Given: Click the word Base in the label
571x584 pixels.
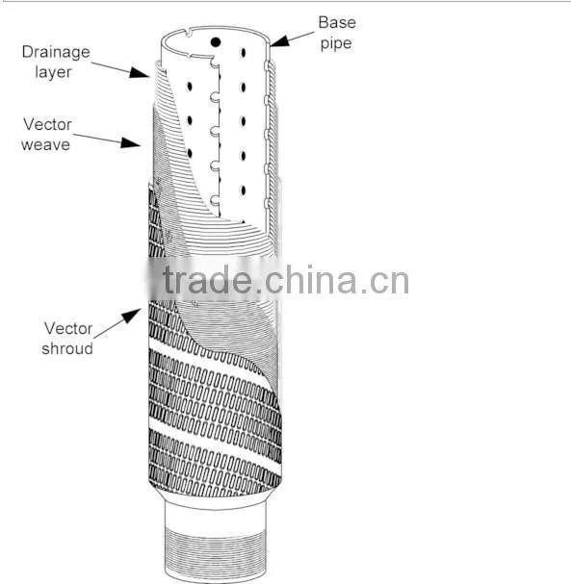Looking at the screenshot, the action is point(337,23).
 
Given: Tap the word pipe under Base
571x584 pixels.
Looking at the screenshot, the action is point(336,43).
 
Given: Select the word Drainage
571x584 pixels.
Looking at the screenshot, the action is point(56,52).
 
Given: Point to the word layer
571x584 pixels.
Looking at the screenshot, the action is point(53,72).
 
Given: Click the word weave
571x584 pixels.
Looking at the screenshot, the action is point(45,144).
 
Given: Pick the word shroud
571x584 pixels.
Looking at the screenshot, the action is point(67,348).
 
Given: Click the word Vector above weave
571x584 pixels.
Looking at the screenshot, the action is point(47,124).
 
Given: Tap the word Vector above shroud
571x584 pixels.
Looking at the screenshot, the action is point(68,328).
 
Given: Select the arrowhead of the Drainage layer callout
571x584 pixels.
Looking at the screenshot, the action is point(140,72).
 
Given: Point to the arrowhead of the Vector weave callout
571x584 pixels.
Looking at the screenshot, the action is point(131,142).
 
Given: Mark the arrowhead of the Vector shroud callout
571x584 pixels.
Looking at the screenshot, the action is point(132,316).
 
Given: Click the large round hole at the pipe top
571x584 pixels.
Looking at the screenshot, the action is point(216,42).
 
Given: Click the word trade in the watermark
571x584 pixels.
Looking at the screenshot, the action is point(207,280).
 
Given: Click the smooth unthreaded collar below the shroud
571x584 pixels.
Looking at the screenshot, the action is point(216,514).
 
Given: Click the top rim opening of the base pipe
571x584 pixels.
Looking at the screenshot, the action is point(215,27).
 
